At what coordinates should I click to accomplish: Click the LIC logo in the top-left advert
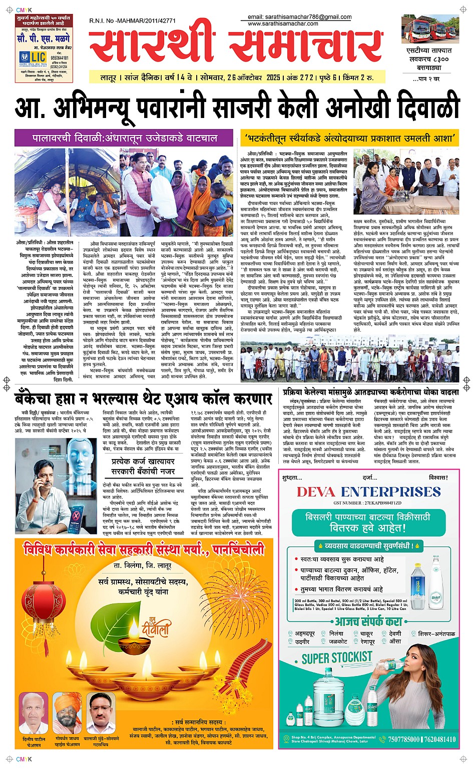(33, 57)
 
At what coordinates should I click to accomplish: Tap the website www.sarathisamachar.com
(283, 23)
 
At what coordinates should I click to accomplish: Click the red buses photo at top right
(430, 29)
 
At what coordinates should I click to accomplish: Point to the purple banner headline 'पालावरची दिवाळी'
(124, 138)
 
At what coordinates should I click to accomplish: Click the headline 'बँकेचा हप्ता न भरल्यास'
(144, 398)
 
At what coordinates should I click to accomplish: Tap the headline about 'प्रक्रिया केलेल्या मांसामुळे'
(370, 392)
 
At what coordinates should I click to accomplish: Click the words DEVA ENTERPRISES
(369, 491)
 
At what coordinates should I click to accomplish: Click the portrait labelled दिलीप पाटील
(34, 712)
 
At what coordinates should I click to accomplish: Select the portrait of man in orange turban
(67, 712)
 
